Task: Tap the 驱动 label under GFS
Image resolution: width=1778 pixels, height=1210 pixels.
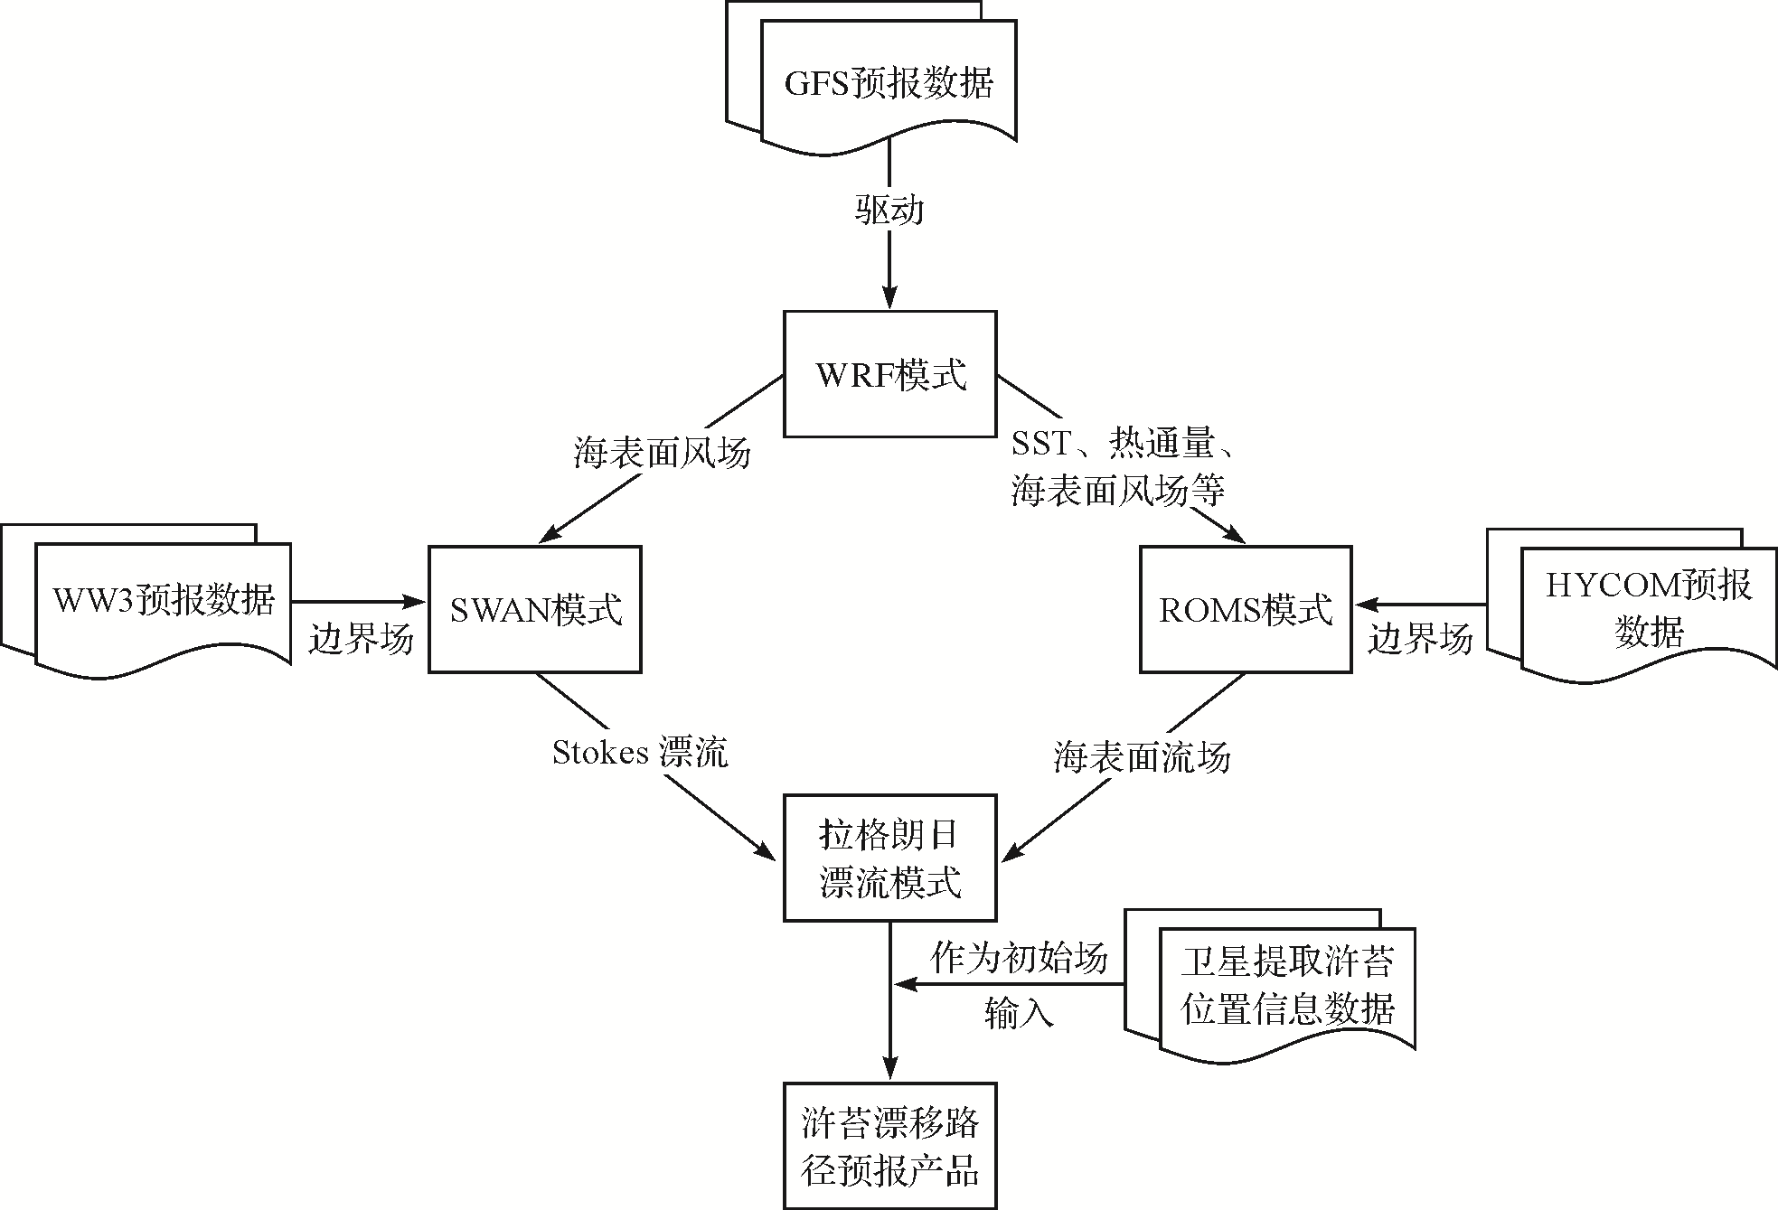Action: pos(889,211)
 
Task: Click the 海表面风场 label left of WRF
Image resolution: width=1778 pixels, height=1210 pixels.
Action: pos(662,452)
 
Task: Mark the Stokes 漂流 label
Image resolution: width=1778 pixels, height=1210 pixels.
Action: pos(640,752)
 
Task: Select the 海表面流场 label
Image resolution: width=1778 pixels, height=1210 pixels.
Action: pos(1142,756)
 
